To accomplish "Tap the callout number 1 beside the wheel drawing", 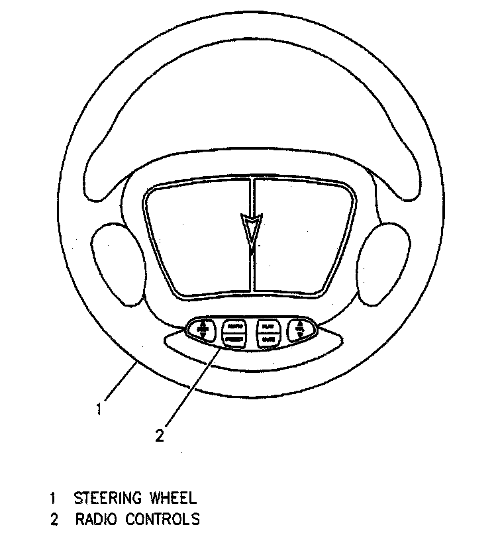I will click(98, 409).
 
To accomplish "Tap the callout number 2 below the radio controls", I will click(159, 435).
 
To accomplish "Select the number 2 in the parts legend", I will click(54, 519).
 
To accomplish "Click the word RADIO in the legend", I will click(95, 519).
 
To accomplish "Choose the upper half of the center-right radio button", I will click(268, 326).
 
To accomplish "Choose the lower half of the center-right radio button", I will click(268, 338).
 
